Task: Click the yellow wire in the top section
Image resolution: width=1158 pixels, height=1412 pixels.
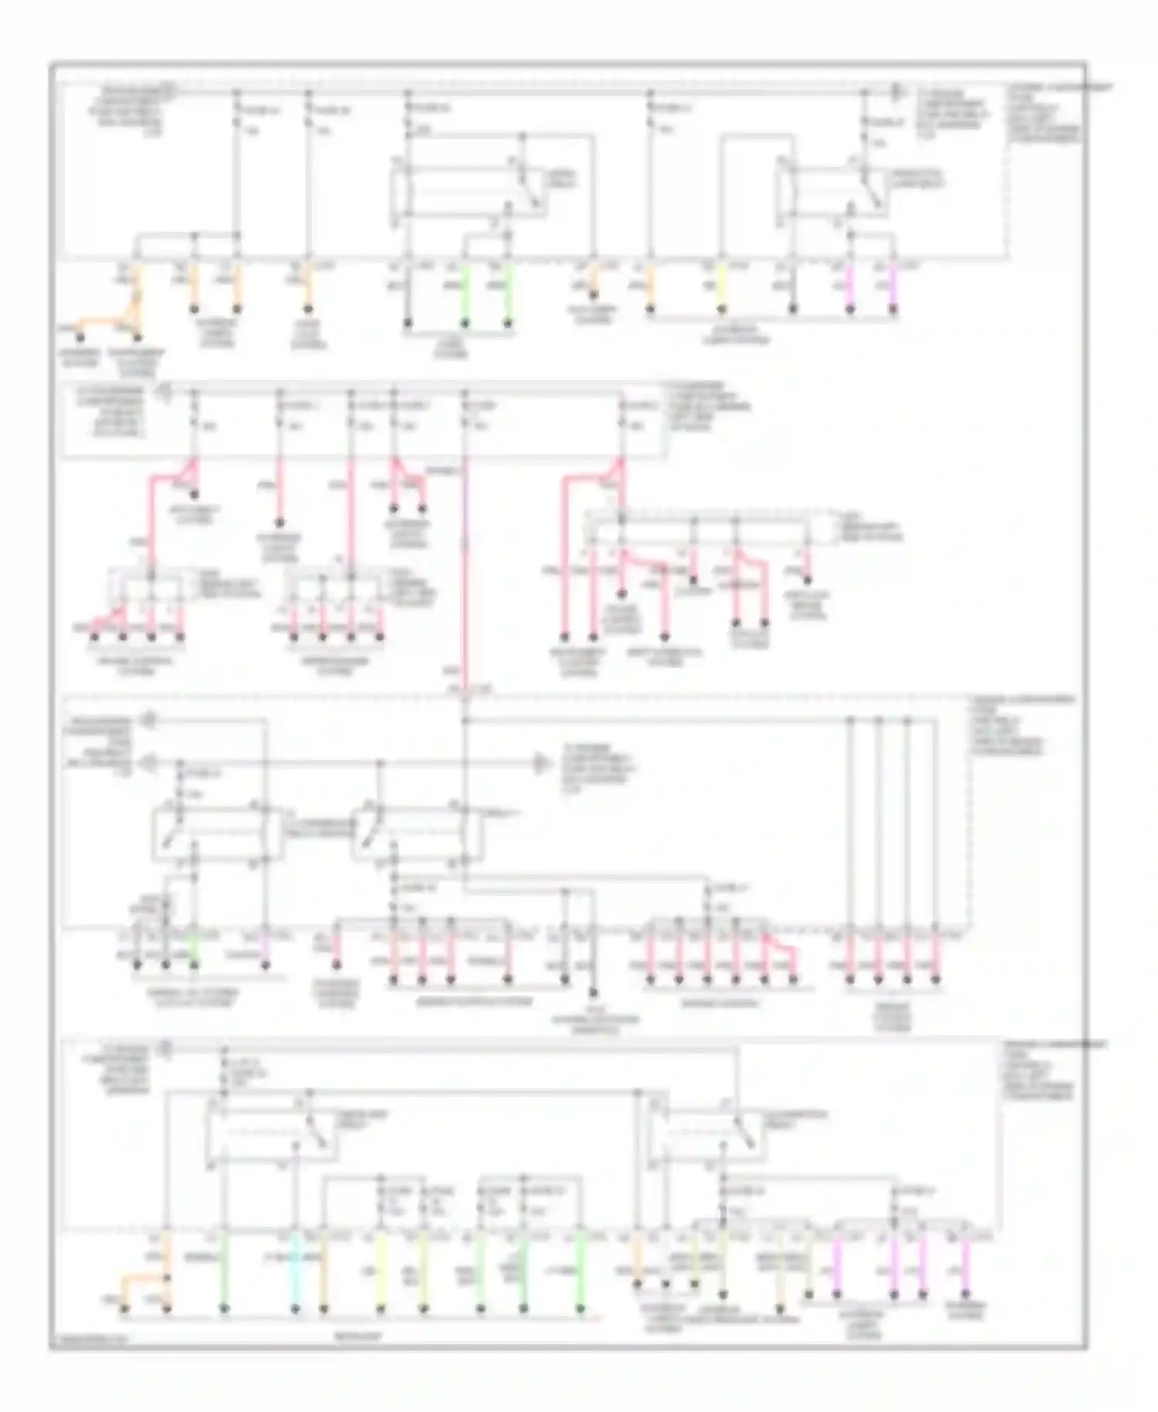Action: [x=722, y=287]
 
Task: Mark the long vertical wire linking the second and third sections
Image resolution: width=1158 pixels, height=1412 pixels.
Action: [x=466, y=572]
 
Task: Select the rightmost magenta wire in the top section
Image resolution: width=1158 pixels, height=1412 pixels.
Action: [x=893, y=287]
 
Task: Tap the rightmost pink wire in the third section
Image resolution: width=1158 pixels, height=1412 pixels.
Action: [x=936, y=958]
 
